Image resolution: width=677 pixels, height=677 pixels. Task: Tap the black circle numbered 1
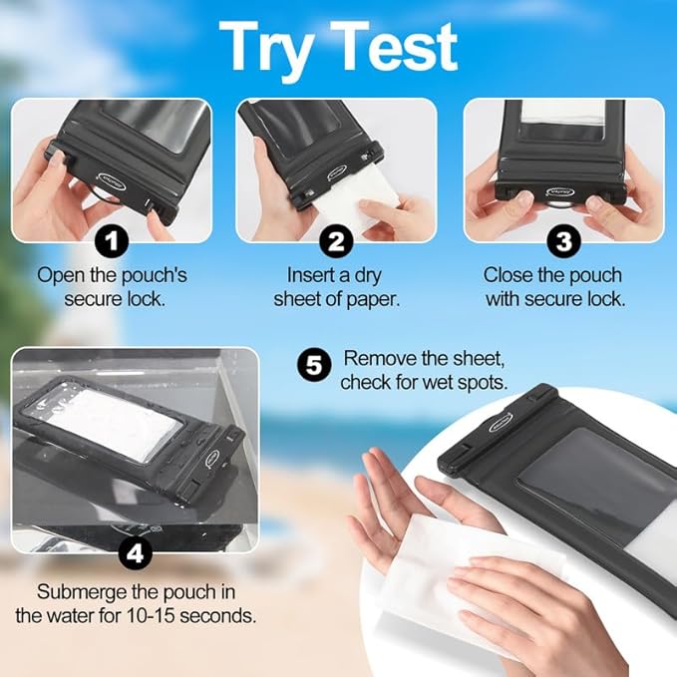[111, 240]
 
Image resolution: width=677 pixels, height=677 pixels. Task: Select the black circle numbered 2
[337, 240]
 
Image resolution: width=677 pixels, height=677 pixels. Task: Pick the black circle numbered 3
[564, 240]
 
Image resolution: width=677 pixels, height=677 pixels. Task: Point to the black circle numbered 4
[135, 551]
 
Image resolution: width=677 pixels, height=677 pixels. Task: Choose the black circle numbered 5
[313, 367]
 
